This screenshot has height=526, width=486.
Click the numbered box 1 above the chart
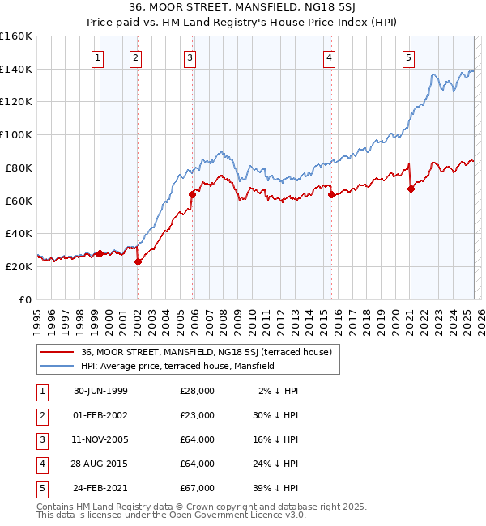click(x=97, y=57)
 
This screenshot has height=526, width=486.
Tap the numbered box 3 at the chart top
click(x=190, y=57)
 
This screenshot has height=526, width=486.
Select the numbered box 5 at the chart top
click(x=408, y=57)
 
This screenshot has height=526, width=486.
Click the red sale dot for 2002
click(x=138, y=261)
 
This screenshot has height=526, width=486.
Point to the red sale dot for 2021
click(x=411, y=189)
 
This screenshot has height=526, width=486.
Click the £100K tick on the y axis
click(x=17, y=134)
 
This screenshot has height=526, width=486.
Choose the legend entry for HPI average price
click(x=177, y=366)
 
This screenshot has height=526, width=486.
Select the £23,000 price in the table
click(x=198, y=415)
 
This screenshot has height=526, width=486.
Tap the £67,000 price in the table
click(x=198, y=488)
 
